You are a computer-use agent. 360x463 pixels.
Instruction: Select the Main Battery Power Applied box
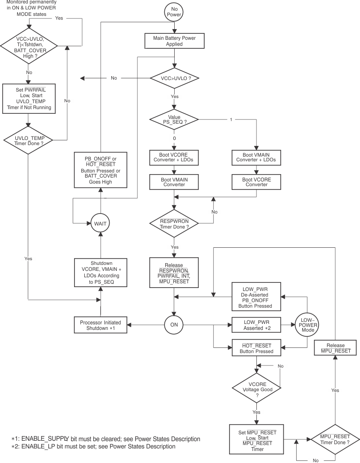click(x=174, y=41)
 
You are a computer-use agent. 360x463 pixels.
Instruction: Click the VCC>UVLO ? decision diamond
click(x=174, y=78)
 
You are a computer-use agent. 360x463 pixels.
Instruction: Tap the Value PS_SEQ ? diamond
click(x=174, y=120)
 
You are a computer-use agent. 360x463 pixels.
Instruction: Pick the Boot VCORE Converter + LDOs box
click(x=174, y=157)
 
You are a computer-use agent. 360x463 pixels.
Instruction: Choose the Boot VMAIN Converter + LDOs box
click(x=256, y=157)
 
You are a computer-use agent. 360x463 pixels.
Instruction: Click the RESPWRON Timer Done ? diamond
click(x=174, y=224)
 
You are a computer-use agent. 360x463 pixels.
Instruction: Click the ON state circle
click(x=174, y=325)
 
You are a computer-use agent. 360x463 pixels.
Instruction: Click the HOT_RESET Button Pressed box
click(x=256, y=348)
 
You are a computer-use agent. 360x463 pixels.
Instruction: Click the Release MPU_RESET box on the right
click(x=336, y=348)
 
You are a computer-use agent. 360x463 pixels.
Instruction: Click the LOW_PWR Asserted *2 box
click(x=256, y=324)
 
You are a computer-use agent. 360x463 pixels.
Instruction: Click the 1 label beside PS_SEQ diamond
click(x=231, y=119)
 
